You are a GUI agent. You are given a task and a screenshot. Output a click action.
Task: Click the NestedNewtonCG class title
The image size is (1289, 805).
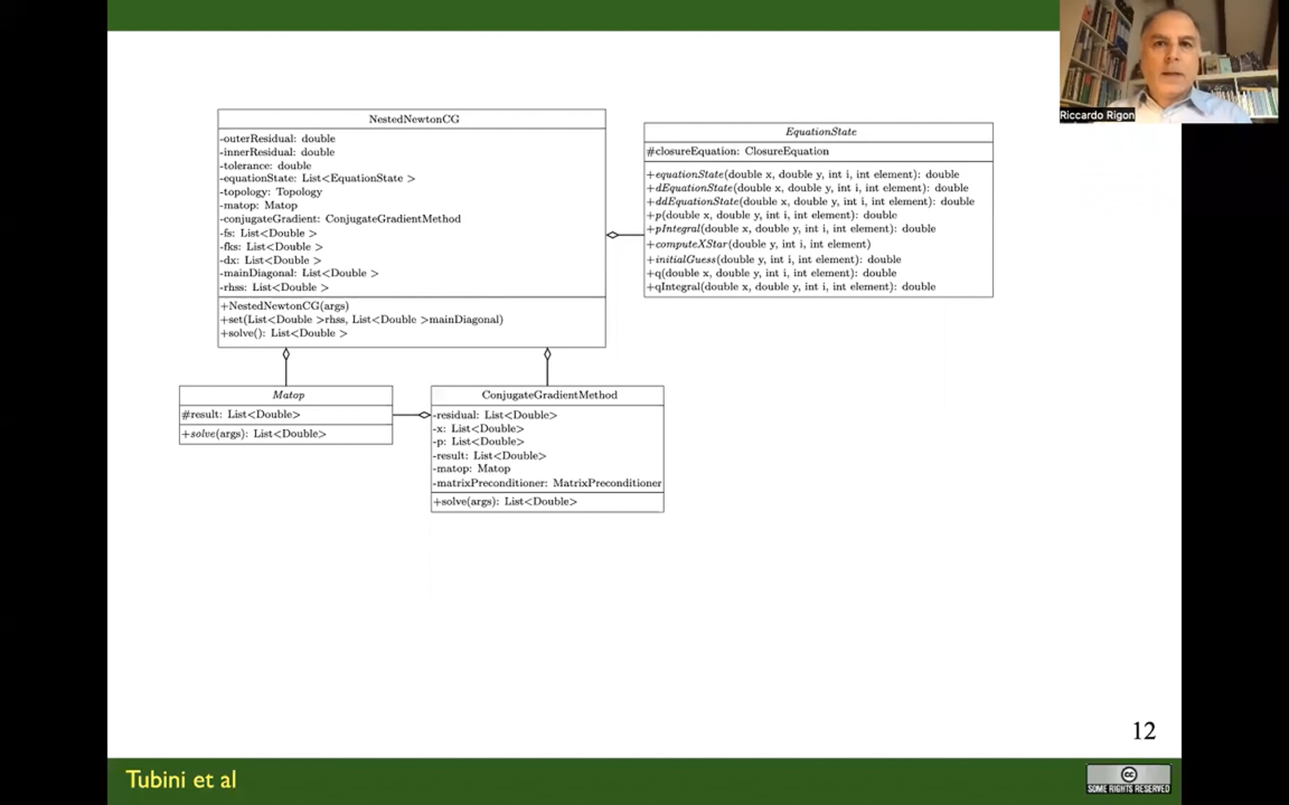[x=414, y=119]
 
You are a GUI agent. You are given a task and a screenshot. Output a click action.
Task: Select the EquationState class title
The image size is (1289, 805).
[x=821, y=131]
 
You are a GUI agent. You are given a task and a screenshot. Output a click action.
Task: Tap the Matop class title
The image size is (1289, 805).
[x=288, y=395]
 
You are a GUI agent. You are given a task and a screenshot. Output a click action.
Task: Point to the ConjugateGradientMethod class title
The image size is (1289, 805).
[x=549, y=395]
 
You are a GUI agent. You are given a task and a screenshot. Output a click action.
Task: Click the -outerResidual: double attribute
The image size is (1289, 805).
[x=277, y=138]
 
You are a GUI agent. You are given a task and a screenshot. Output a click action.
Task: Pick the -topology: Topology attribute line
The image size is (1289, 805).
[x=271, y=192]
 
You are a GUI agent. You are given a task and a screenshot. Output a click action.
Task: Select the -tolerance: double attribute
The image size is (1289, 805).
[x=265, y=165]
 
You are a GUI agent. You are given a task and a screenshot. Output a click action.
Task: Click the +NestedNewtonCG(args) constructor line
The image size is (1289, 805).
[x=285, y=306]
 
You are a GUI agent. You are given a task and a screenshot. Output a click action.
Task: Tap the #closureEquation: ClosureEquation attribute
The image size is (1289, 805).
[x=738, y=151]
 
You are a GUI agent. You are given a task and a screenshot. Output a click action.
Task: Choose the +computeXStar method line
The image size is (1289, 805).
[x=758, y=244]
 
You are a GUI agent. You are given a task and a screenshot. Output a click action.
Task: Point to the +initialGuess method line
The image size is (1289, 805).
[x=774, y=260]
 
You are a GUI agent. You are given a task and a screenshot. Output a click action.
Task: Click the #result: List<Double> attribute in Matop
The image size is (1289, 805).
[x=241, y=414]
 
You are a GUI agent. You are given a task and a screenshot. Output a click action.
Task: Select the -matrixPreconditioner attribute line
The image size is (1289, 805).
[x=547, y=483]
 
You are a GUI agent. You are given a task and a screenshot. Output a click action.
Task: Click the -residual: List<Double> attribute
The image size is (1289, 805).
[x=495, y=415]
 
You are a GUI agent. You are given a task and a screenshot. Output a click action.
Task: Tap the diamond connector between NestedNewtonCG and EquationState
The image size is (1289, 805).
[x=613, y=235]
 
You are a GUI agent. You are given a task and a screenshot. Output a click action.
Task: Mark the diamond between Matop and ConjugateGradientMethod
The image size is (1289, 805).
[x=424, y=415]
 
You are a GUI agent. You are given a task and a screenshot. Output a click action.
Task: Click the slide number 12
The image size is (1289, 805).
[x=1143, y=731]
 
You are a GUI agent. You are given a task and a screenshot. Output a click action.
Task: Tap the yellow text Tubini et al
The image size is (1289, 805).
[x=181, y=780]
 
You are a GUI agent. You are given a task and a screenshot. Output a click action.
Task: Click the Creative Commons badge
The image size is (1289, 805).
[x=1128, y=779]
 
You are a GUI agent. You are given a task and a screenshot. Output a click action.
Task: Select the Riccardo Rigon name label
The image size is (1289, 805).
[x=1097, y=115]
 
